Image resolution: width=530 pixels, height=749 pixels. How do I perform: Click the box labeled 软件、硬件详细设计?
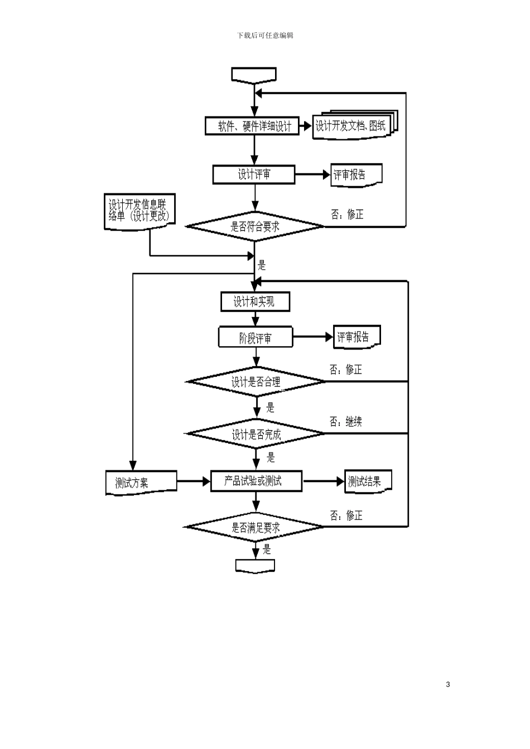point(252,126)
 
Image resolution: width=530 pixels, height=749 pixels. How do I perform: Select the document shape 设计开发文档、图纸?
point(355,125)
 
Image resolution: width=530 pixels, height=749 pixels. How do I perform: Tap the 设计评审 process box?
point(254,174)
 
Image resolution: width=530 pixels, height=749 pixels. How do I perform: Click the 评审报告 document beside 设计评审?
point(356,175)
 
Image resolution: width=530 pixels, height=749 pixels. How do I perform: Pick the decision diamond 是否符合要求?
point(255,226)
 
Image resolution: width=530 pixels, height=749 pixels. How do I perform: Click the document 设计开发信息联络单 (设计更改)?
point(139,212)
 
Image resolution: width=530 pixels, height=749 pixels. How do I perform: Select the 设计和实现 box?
point(255,302)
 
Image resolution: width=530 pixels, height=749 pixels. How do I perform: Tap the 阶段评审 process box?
point(256,337)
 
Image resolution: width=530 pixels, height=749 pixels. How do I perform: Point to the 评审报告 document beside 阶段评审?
point(357,337)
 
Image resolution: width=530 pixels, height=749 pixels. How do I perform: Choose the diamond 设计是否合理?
point(256,382)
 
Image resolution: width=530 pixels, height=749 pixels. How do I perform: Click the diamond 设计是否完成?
point(255,434)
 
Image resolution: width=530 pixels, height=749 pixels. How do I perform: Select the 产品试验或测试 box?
point(256,481)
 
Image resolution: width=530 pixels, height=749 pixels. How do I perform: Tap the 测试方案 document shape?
point(141,483)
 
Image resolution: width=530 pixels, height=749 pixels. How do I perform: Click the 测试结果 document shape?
point(368,481)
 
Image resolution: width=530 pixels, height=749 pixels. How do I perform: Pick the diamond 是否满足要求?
point(255,527)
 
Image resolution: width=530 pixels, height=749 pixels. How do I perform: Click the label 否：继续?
point(346,421)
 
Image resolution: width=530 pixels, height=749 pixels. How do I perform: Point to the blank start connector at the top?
point(254,75)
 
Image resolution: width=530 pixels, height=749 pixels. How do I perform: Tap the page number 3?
point(448,684)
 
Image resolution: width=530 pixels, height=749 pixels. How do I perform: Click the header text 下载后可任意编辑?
point(265,36)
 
